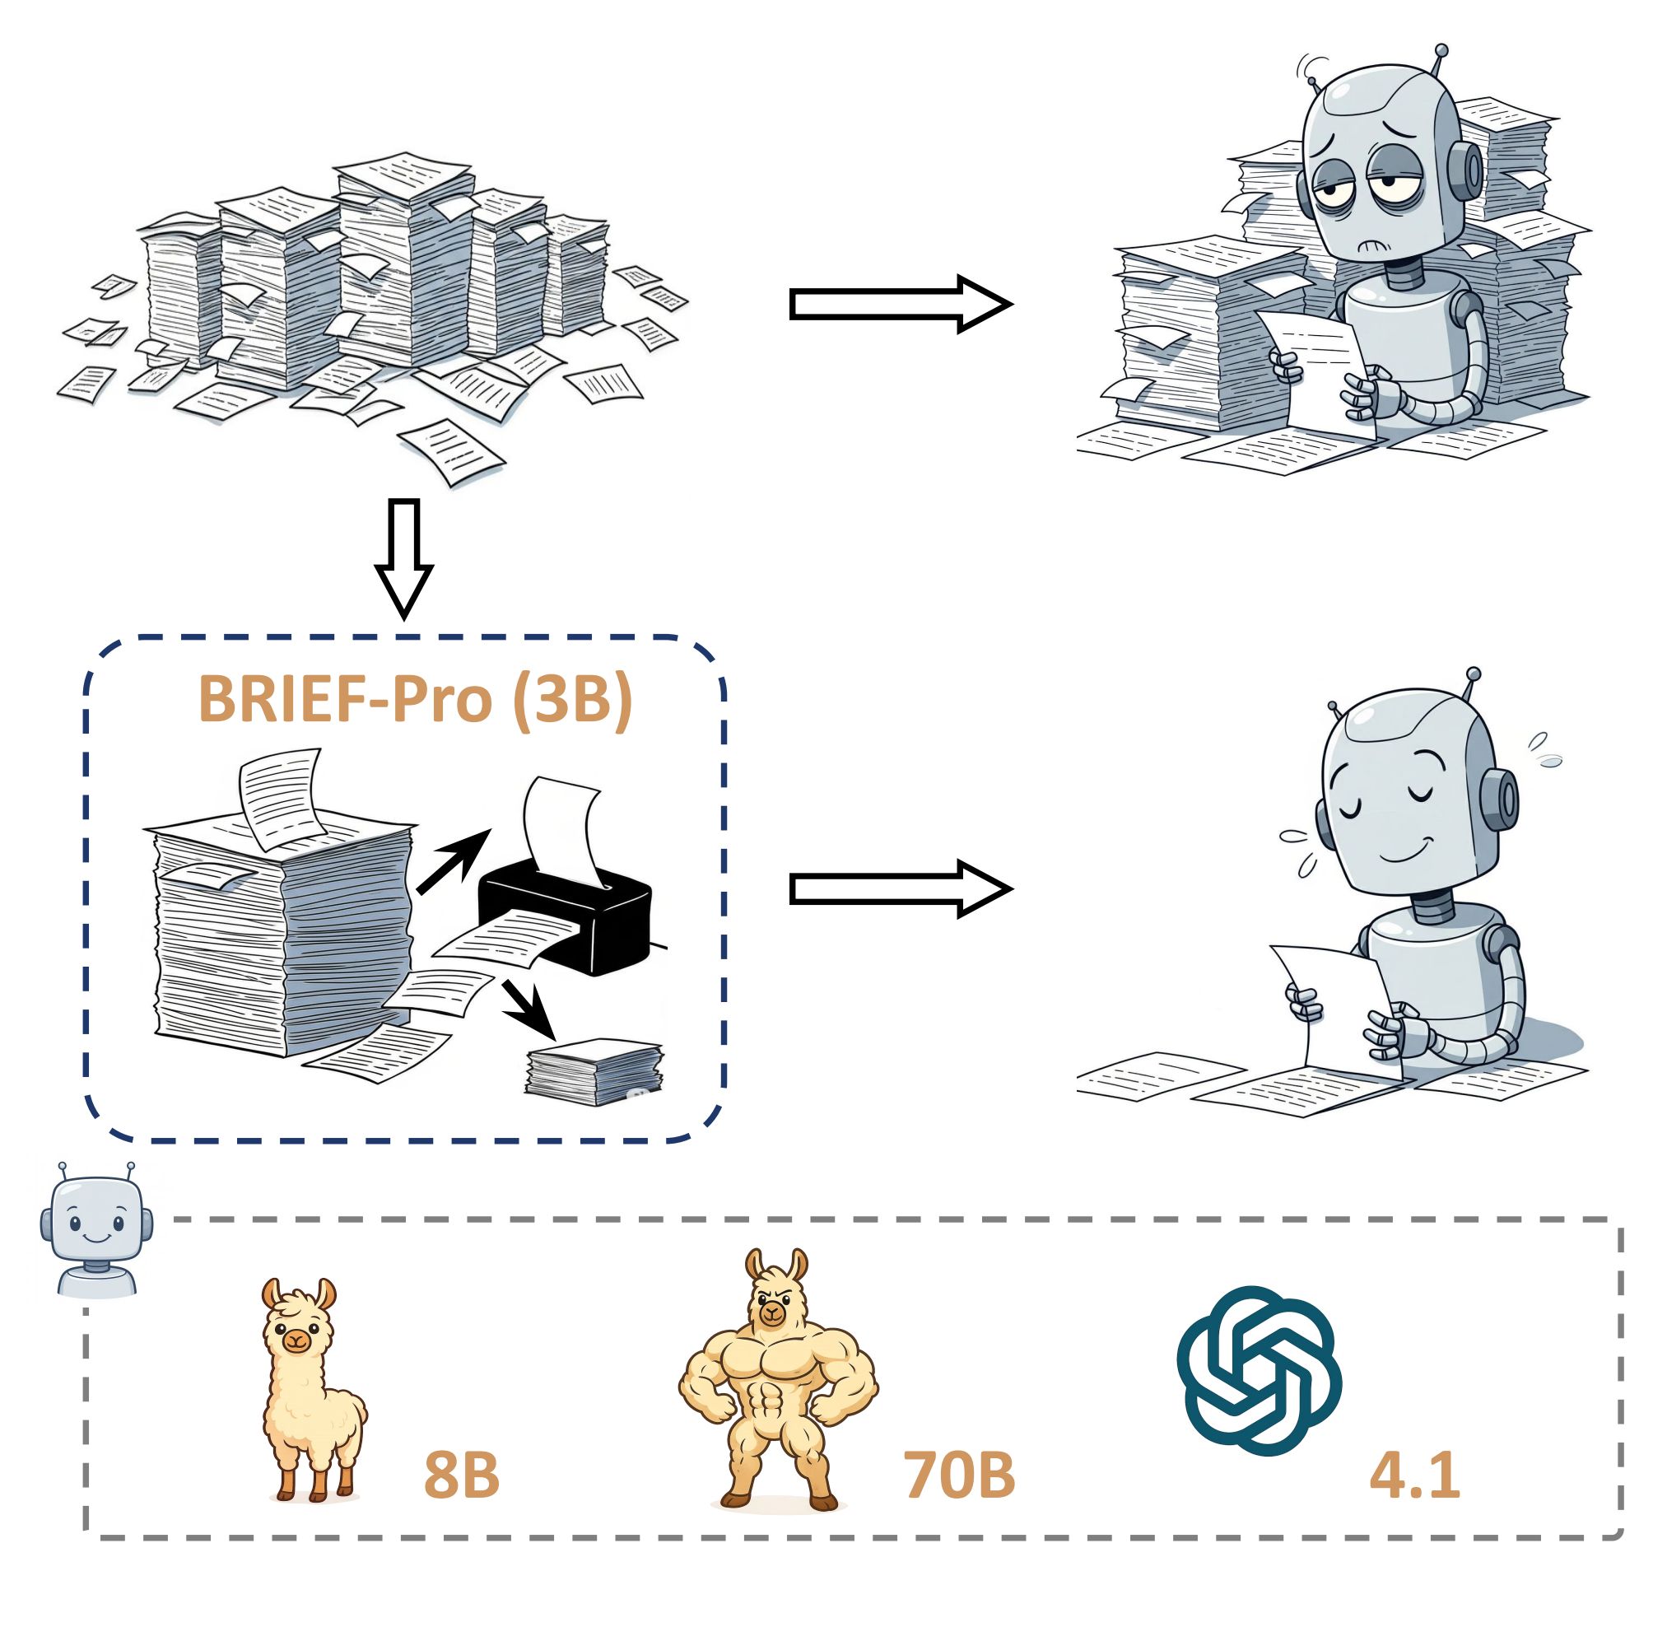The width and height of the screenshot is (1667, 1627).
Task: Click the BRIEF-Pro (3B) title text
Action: pyautogui.click(x=415, y=701)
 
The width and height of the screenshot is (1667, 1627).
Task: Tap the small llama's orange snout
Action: pyautogui.click(x=296, y=1339)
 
